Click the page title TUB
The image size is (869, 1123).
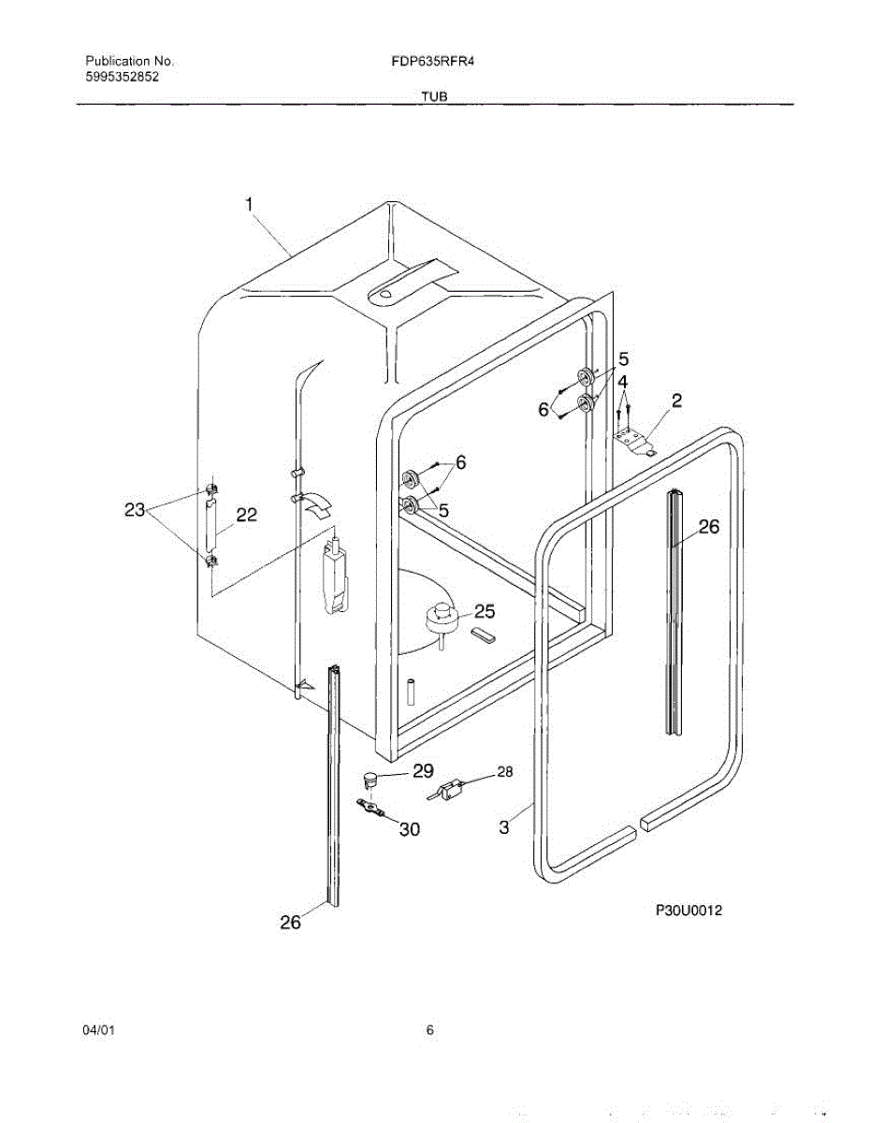pyautogui.click(x=433, y=96)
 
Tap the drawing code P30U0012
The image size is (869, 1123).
pyautogui.click(x=689, y=909)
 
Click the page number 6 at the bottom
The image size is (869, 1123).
pyautogui.click(x=430, y=1030)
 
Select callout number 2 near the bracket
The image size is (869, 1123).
pyautogui.click(x=676, y=401)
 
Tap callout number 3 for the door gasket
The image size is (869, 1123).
pyautogui.click(x=504, y=827)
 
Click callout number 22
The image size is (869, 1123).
pyautogui.click(x=247, y=515)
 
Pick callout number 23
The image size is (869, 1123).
pyautogui.click(x=136, y=510)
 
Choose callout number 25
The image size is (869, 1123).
pyautogui.click(x=485, y=611)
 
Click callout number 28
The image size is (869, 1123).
pyautogui.click(x=505, y=772)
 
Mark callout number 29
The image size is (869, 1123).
pyautogui.click(x=423, y=771)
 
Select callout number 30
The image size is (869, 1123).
pyautogui.click(x=410, y=829)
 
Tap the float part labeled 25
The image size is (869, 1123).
pyautogui.click(x=440, y=620)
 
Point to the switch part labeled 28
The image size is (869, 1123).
pyautogui.click(x=452, y=790)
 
